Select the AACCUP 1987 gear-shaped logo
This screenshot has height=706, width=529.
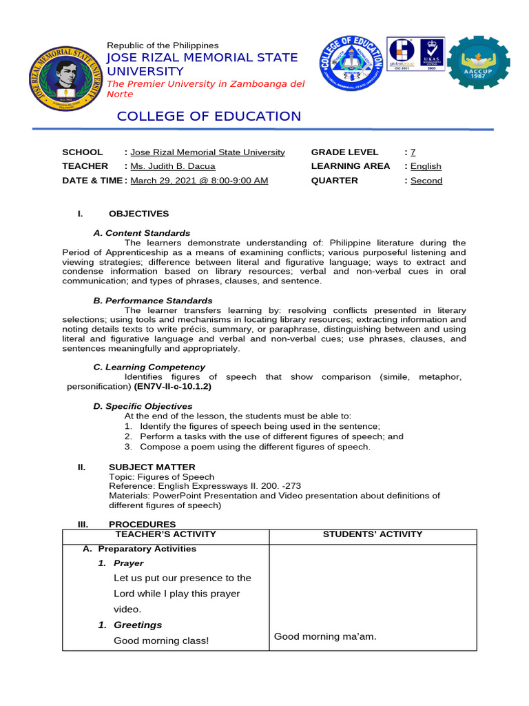click(479, 68)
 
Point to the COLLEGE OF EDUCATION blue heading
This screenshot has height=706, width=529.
click(209, 116)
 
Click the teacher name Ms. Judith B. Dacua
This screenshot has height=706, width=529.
click(173, 166)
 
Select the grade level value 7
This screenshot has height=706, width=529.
click(413, 152)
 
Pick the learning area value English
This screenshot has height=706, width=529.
click(426, 166)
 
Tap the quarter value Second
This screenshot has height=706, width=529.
click(426, 181)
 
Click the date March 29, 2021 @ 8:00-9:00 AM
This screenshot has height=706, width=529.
click(199, 181)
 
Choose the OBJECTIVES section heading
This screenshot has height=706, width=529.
click(138, 214)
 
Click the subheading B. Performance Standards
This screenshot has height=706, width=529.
click(153, 301)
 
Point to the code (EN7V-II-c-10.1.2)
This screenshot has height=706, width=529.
click(173, 387)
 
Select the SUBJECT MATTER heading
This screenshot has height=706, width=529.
click(152, 467)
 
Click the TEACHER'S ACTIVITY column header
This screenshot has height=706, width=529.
click(165, 534)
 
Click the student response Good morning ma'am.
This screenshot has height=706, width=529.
click(325, 636)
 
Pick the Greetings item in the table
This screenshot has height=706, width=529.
click(138, 625)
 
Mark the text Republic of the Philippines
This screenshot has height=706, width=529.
click(163, 45)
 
